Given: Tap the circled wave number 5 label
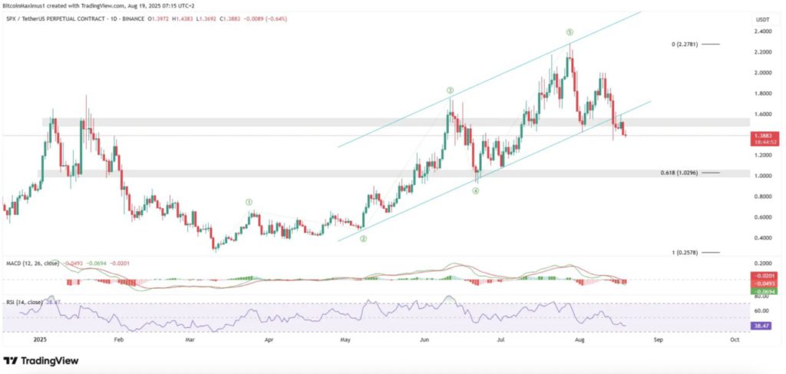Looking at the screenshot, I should tap(570, 32).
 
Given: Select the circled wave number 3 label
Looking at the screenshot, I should tap(450, 91).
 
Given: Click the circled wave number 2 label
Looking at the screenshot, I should tap(363, 239).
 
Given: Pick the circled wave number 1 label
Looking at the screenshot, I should tap(249, 202).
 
